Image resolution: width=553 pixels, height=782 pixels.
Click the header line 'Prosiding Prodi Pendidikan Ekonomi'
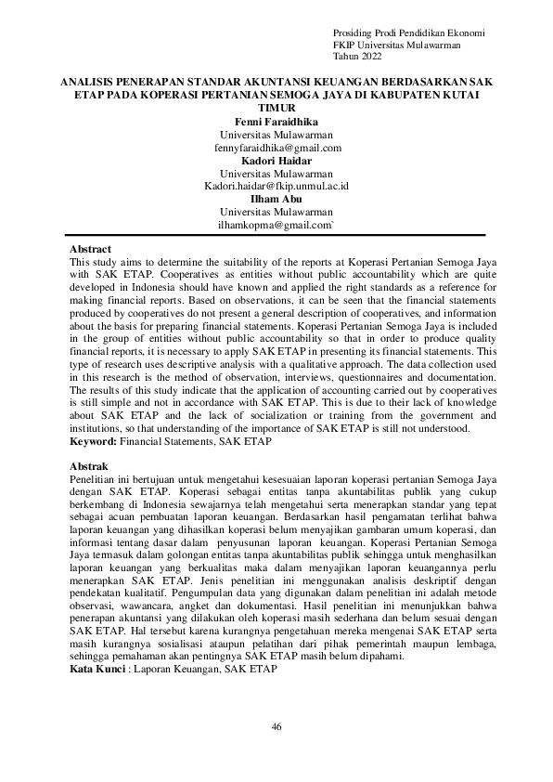[408, 33]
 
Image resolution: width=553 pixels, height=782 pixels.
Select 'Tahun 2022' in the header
[357, 57]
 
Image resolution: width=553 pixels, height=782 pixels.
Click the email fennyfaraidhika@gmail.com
[276, 148]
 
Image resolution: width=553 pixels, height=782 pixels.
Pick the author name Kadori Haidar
[276, 161]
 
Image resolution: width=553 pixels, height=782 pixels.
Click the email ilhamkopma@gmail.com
[276, 226]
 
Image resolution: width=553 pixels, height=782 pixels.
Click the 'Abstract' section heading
[91, 250]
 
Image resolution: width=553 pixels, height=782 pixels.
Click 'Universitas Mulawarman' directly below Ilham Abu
[276, 213]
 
